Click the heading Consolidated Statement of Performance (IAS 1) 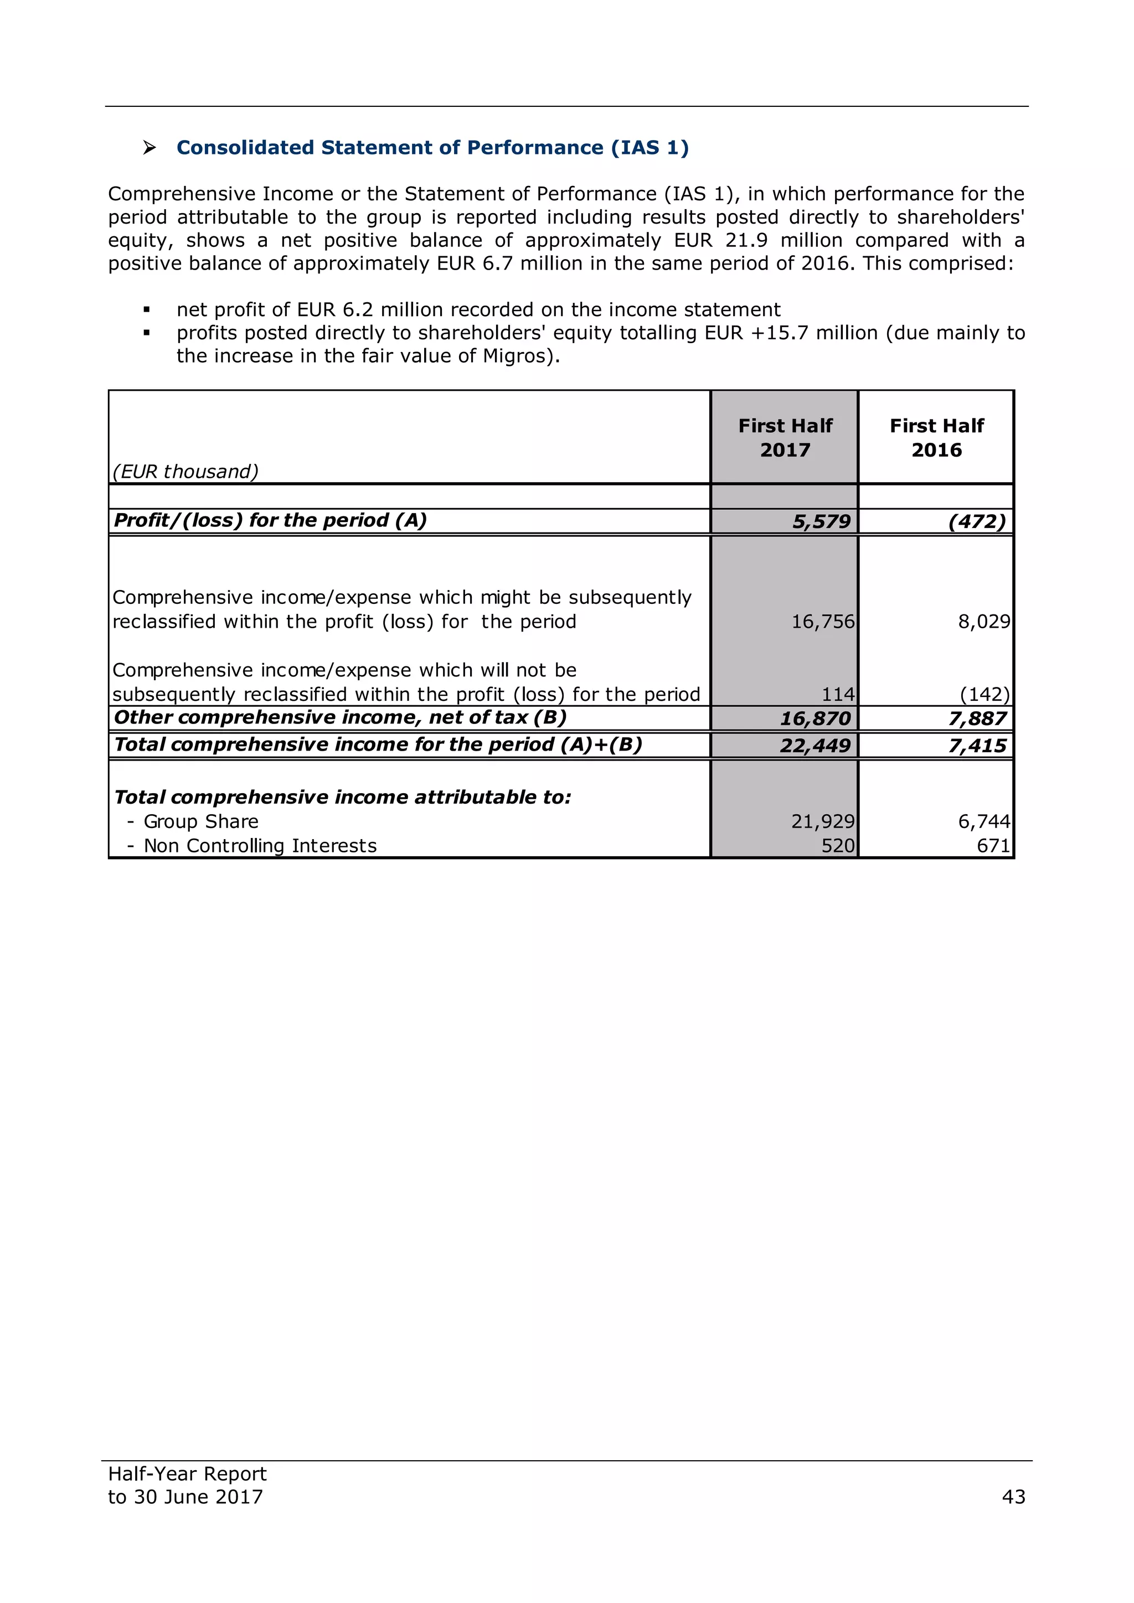(x=432, y=147)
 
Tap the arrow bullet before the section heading (x=150, y=147)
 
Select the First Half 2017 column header (x=785, y=438)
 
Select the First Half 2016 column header (x=936, y=438)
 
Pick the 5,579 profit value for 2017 (x=821, y=521)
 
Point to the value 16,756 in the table (x=823, y=622)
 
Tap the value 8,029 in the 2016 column (x=983, y=622)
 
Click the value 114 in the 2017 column (x=837, y=694)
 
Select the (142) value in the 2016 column (x=984, y=694)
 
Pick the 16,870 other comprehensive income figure (x=815, y=718)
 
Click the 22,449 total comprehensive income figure (x=815, y=746)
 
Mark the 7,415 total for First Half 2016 (x=977, y=746)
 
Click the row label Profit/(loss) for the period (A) (x=270, y=520)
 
